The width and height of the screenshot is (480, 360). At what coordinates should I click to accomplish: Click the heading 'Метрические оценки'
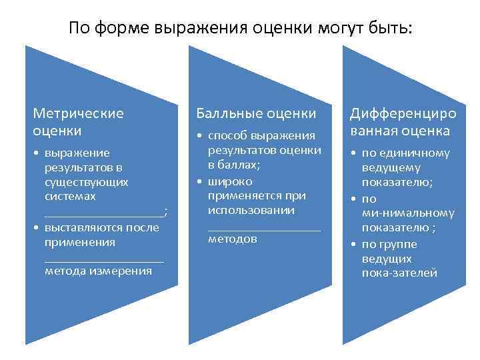point(79,121)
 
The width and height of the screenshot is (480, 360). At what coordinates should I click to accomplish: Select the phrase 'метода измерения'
point(98,271)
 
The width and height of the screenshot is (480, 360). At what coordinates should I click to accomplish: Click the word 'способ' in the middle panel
point(228,136)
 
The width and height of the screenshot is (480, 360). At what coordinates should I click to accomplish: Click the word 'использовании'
point(251,210)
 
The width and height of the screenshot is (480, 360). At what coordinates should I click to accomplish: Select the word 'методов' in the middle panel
point(232,239)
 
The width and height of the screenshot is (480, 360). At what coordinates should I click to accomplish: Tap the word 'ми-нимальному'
point(408,213)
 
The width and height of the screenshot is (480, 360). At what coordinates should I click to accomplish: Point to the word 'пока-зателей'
point(399,273)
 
